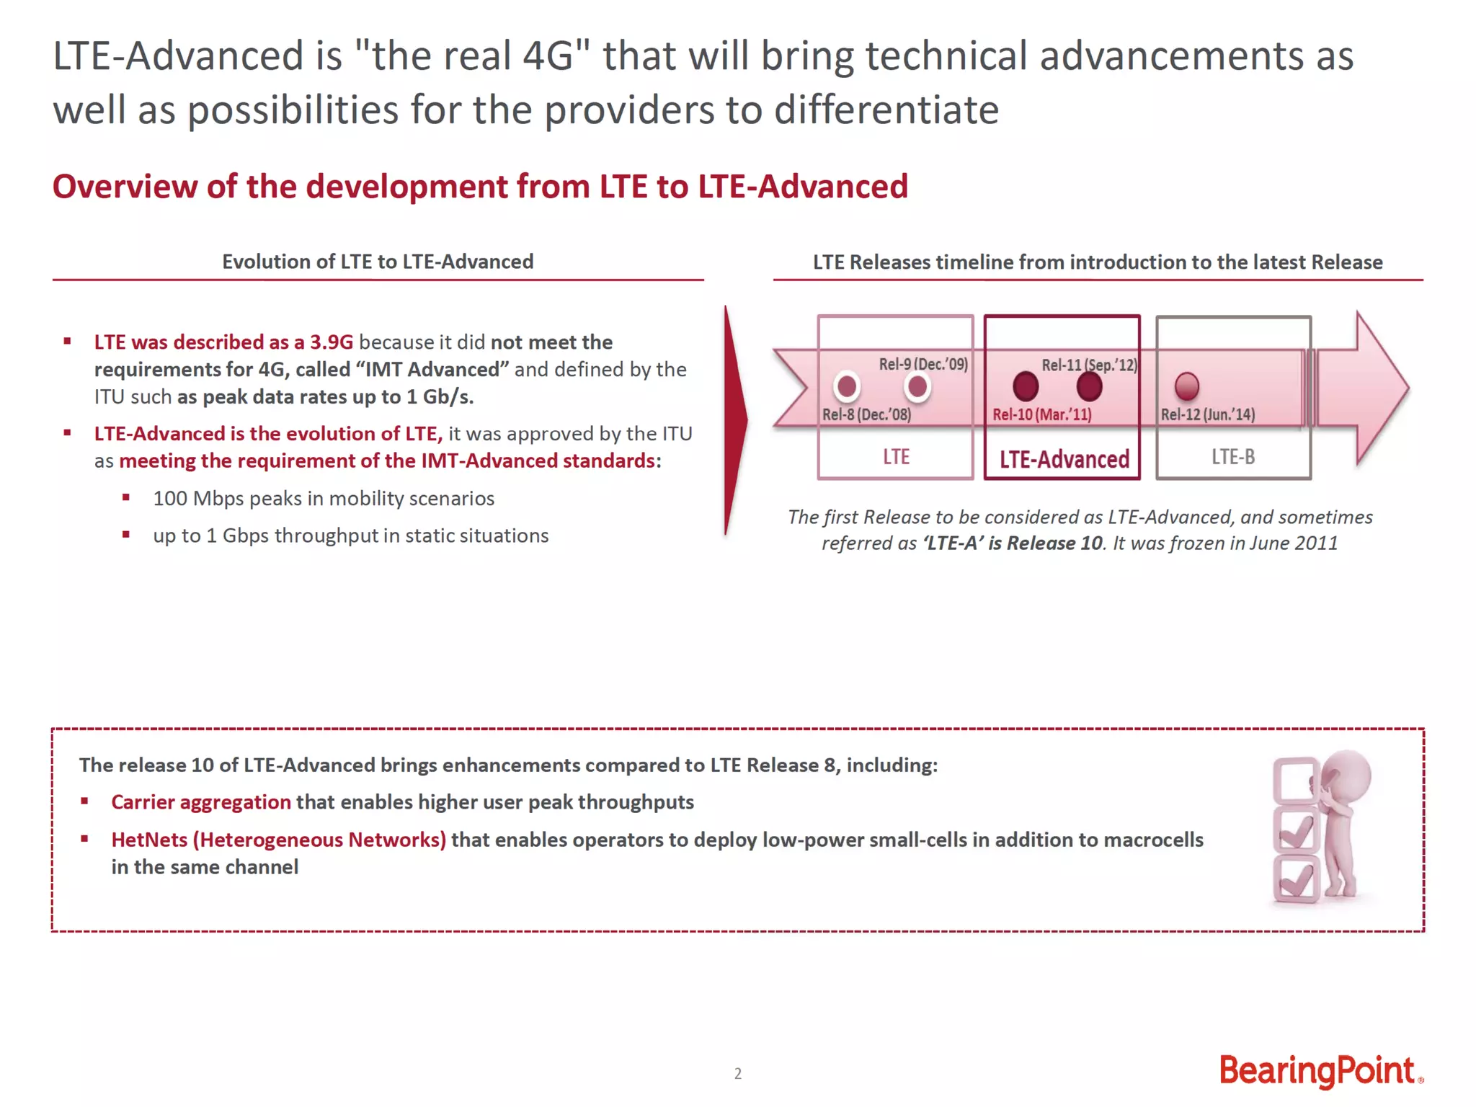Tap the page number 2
[x=737, y=1073]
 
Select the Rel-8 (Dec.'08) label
[x=866, y=414]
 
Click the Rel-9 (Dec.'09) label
[x=922, y=364]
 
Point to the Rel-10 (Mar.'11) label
[x=1041, y=414]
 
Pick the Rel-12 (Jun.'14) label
[x=1207, y=414]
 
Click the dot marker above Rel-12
[x=1186, y=386]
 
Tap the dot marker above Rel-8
[x=847, y=387]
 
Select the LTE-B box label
[x=1232, y=457]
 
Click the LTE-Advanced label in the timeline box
[x=1064, y=459]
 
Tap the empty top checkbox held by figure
[x=1294, y=781]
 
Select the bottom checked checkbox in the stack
[x=1296, y=879]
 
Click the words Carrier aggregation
[x=200, y=802]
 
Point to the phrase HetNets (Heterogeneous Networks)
[x=278, y=840]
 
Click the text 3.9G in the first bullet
[x=332, y=342]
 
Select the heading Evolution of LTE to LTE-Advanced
[x=378, y=262]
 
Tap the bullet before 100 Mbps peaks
[x=126, y=497]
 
